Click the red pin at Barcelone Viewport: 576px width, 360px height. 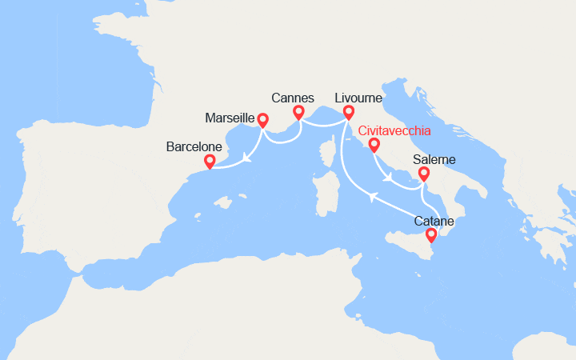coord(210,161)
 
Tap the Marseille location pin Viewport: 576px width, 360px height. coord(262,120)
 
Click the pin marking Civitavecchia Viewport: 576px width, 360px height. coord(374,144)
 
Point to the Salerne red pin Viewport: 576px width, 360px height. coord(423,173)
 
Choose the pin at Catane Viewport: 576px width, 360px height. coord(431,234)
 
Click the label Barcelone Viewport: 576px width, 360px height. coord(193,147)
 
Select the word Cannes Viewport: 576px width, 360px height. coord(292,98)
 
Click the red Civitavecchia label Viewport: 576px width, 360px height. coord(394,130)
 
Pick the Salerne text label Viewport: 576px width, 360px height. coord(434,160)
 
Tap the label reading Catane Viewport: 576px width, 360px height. coord(434,220)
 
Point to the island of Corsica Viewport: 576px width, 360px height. coord(328,152)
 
